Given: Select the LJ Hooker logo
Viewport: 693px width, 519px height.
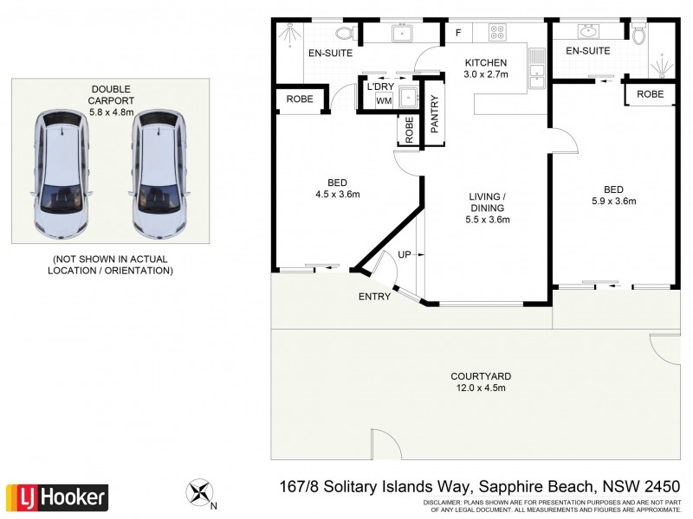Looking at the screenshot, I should tap(57, 497).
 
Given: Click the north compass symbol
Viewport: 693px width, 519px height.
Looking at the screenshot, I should tap(199, 494).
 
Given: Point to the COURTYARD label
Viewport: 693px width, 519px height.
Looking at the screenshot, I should tap(481, 376).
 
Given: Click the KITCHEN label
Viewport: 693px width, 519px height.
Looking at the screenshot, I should tap(486, 63).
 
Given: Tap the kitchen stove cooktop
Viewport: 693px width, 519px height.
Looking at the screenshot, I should tap(498, 33).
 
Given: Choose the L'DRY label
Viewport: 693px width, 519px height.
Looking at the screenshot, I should tap(380, 86).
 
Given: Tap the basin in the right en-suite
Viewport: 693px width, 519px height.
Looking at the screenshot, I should tap(588, 32).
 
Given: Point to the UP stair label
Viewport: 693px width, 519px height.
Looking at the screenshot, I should tap(404, 254).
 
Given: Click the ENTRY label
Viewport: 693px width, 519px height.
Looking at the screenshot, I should tap(374, 297).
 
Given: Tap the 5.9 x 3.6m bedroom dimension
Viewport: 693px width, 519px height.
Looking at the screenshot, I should tap(613, 202).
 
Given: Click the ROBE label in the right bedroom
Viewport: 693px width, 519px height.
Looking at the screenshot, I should tap(650, 93).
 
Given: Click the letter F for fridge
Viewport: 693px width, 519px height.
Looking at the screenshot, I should tap(457, 34).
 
